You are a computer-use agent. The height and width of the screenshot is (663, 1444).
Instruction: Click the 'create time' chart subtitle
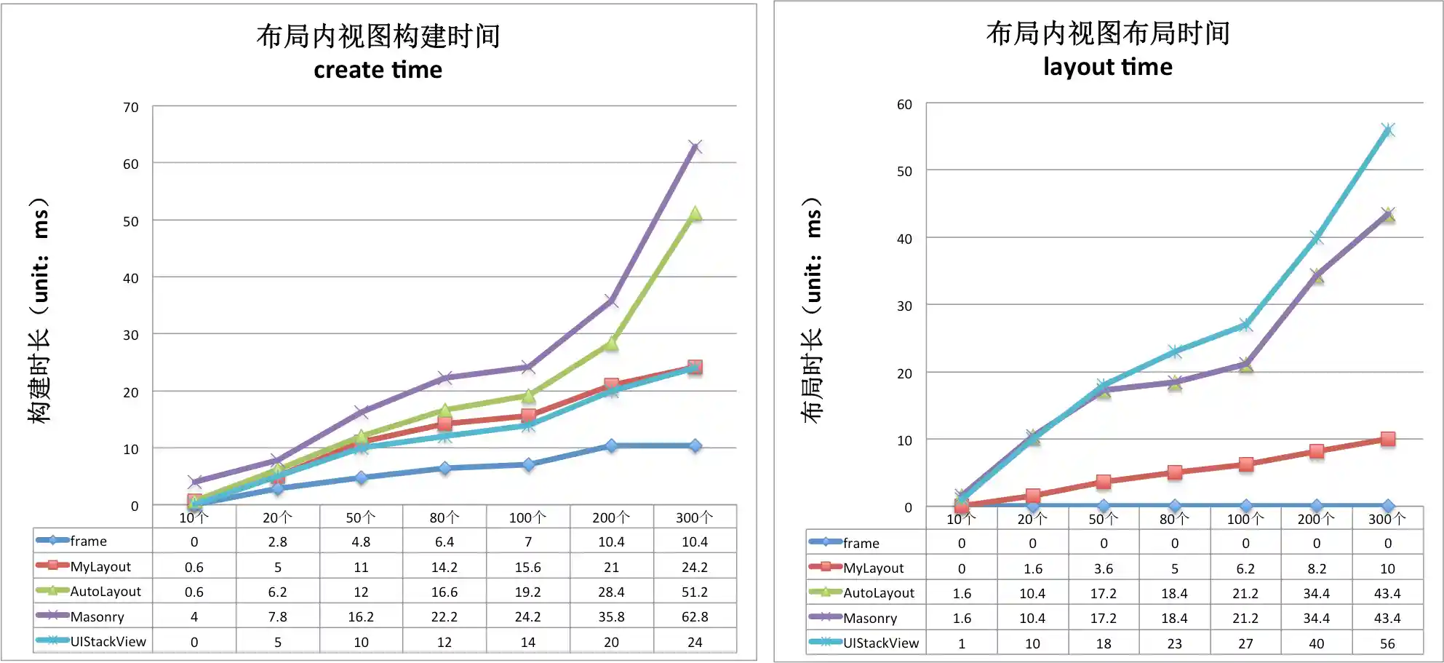[x=378, y=70]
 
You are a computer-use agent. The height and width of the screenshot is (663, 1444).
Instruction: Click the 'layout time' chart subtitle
[x=1107, y=67]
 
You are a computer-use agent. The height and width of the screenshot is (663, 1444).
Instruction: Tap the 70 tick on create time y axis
[x=130, y=108]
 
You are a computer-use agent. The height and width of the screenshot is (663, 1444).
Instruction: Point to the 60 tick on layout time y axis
[x=904, y=105]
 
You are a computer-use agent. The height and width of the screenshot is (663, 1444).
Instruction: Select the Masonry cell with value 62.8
[x=694, y=617]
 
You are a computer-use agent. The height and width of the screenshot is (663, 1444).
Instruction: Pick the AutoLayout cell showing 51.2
[x=694, y=592]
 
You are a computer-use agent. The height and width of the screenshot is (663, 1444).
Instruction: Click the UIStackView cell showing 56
[x=1387, y=643]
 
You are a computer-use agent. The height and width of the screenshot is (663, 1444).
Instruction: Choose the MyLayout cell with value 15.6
[x=527, y=567]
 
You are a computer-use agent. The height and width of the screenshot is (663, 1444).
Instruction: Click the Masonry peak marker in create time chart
[x=695, y=148]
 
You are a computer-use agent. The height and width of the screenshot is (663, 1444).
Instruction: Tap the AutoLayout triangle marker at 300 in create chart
[x=695, y=214]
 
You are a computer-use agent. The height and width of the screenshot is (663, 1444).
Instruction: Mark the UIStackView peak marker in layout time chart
[x=1387, y=131]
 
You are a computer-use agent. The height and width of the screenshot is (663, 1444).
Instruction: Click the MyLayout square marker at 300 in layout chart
[x=1387, y=440]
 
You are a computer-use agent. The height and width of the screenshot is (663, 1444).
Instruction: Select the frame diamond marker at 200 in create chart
[x=611, y=445]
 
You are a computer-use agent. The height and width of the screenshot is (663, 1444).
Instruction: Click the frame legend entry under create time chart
[x=88, y=541]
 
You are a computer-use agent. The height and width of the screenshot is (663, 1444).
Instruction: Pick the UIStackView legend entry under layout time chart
[x=880, y=643]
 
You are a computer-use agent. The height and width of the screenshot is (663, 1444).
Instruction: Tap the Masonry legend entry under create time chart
[x=97, y=617]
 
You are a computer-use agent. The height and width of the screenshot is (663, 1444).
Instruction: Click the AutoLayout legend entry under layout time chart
[x=878, y=593]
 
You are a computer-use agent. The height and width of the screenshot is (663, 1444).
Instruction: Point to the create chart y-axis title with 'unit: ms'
[x=40, y=309]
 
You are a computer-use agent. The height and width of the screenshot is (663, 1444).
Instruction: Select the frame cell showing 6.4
[x=444, y=541]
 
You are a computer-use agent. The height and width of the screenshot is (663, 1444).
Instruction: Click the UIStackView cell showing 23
[x=1174, y=643]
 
